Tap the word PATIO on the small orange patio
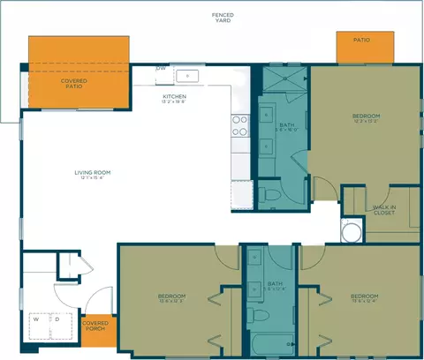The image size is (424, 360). pos(361,40)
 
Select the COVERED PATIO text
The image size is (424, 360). pos(74,84)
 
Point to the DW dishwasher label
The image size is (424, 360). pos(162,68)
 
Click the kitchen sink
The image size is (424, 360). pos(188,76)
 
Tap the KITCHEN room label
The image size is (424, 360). pos(174,97)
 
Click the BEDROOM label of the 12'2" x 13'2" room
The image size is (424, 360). pos(366,116)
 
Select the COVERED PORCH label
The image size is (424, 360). pos(96,326)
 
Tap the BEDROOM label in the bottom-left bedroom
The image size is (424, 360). pos(171,296)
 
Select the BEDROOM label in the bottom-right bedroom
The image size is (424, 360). pos(364,296)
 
